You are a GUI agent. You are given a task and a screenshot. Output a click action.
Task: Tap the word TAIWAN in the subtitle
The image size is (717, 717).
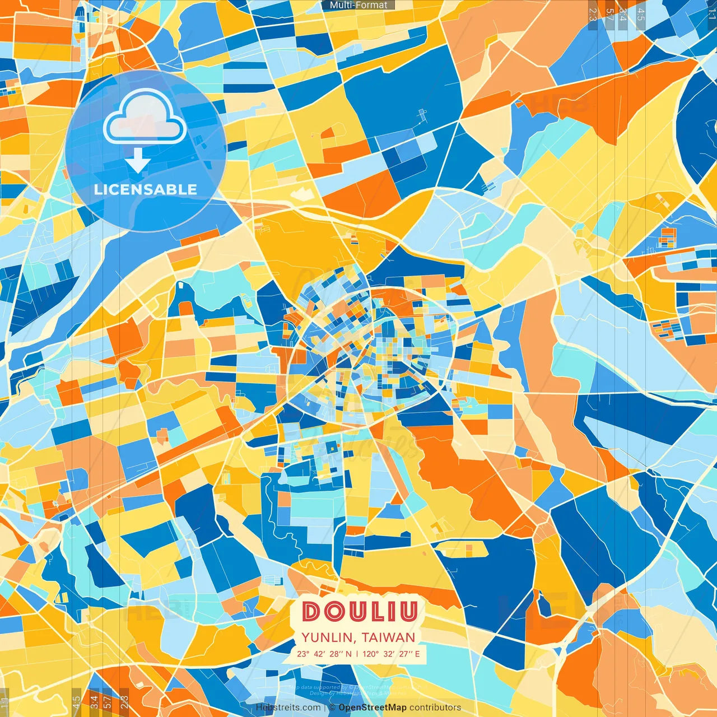[x=388, y=637]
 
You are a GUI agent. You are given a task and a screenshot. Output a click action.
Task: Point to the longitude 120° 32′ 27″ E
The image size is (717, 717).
[x=390, y=654]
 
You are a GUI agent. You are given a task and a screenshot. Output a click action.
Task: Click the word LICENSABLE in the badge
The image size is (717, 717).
[x=146, y=189]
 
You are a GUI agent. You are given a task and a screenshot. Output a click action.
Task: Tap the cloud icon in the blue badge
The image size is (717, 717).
[x=145, y=118]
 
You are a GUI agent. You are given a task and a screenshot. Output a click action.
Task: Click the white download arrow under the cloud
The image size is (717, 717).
[x=138, y=161]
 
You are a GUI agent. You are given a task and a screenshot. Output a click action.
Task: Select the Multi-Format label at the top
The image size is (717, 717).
[x=358, y=5]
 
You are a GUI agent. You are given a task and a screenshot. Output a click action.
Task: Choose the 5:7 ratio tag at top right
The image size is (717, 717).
[x=609, y=14]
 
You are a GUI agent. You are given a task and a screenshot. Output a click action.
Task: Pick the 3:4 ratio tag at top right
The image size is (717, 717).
[x=622, y=14]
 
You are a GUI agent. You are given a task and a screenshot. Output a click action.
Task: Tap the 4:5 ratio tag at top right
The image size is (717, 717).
[x=640, y=14]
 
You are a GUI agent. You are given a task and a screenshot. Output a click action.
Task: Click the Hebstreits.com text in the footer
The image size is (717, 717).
[x=288, y=707]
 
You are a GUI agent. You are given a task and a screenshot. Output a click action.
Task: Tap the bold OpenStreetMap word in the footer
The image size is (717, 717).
[x=372, y=707]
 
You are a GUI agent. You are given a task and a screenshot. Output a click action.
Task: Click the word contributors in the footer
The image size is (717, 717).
[x=435, y=707]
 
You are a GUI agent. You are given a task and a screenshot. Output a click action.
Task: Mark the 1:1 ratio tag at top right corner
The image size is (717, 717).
[x=711, y=14]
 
